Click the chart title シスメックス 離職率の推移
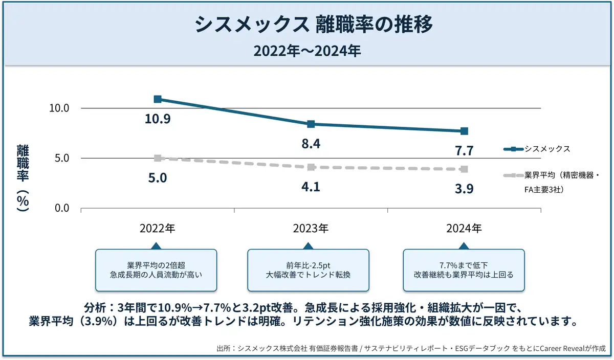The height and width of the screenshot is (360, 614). (307, 25)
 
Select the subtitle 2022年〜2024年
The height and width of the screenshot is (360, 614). (307, 51)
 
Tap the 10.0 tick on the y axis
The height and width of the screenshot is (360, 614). (59, 108)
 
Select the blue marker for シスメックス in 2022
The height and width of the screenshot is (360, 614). (158, 99)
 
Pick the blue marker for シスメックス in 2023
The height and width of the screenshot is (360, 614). (311, 124)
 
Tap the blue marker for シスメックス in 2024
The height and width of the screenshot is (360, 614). (464, 131)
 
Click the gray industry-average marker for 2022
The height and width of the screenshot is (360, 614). (158, 159)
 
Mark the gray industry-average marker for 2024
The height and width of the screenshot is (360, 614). (464, 169)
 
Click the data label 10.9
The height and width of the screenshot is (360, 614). (158, 119)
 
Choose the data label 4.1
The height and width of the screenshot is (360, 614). (311, 187)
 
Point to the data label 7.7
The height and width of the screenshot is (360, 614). (464, 151)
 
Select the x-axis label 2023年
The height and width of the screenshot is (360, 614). (311, 229)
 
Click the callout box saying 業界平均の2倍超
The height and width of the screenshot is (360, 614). (156, 270)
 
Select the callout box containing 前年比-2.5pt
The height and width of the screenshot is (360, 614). (308, 270)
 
